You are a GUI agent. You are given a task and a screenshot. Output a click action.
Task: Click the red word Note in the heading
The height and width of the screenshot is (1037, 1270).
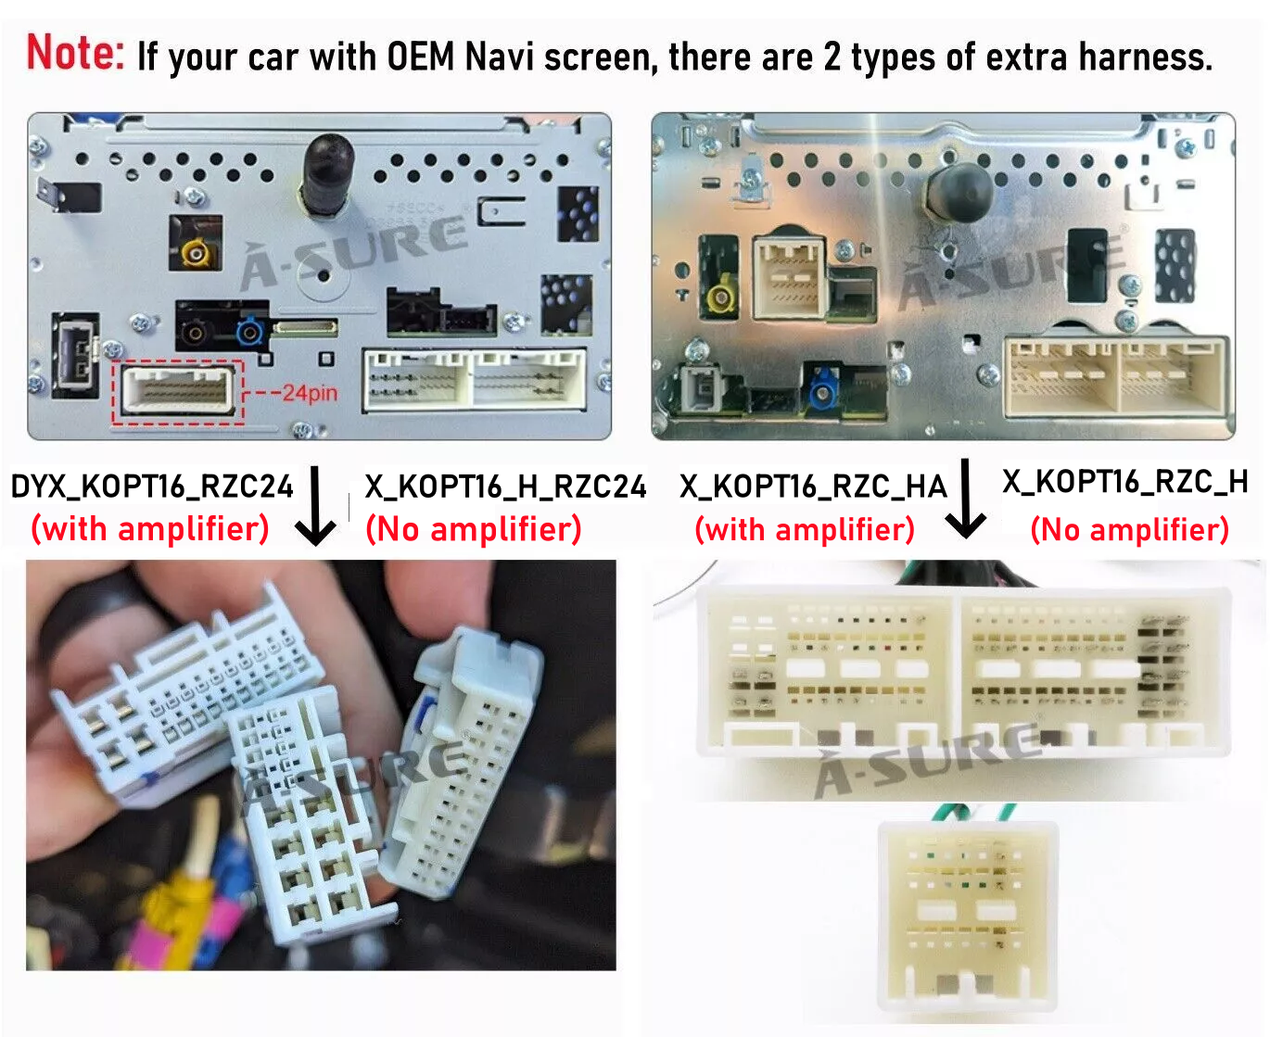(x=75, y=52)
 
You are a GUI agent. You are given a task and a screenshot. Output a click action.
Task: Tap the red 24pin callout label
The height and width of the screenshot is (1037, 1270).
(x=310, y=393)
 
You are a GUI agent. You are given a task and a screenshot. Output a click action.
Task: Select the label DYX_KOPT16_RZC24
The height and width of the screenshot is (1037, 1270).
(x=152, y=487)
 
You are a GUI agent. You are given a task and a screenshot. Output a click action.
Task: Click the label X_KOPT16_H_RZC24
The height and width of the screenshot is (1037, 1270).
(x=505, y=487)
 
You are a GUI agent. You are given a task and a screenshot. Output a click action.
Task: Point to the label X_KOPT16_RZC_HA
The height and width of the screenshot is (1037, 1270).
(x=813, y=487)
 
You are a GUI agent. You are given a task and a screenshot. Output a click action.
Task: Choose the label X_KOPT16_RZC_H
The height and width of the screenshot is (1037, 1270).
(x=1124, y=482)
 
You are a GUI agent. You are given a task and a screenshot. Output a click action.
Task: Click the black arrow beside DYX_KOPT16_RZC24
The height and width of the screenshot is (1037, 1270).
(x=315, y=506)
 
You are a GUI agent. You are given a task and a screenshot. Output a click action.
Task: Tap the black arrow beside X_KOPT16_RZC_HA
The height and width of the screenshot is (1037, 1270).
(x=965, y=499)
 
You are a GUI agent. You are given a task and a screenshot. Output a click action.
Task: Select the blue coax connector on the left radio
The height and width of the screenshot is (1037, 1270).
(x=249, y=332)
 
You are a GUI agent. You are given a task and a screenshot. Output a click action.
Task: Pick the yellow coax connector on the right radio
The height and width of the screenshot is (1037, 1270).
(x=720, y=297)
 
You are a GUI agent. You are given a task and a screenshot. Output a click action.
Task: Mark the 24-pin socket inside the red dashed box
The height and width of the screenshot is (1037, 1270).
(x=178, y=390)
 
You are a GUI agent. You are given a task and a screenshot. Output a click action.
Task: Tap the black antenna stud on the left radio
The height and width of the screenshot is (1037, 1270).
(x=327, y=173)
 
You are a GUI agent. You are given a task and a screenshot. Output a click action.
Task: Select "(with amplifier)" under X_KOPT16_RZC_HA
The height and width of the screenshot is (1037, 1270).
(x=806, y=530)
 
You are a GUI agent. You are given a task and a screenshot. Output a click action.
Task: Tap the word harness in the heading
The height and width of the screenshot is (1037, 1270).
(x=1146, y=57)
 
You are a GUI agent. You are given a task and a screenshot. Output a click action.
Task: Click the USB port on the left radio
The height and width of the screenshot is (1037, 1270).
(x=76, y=355)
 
